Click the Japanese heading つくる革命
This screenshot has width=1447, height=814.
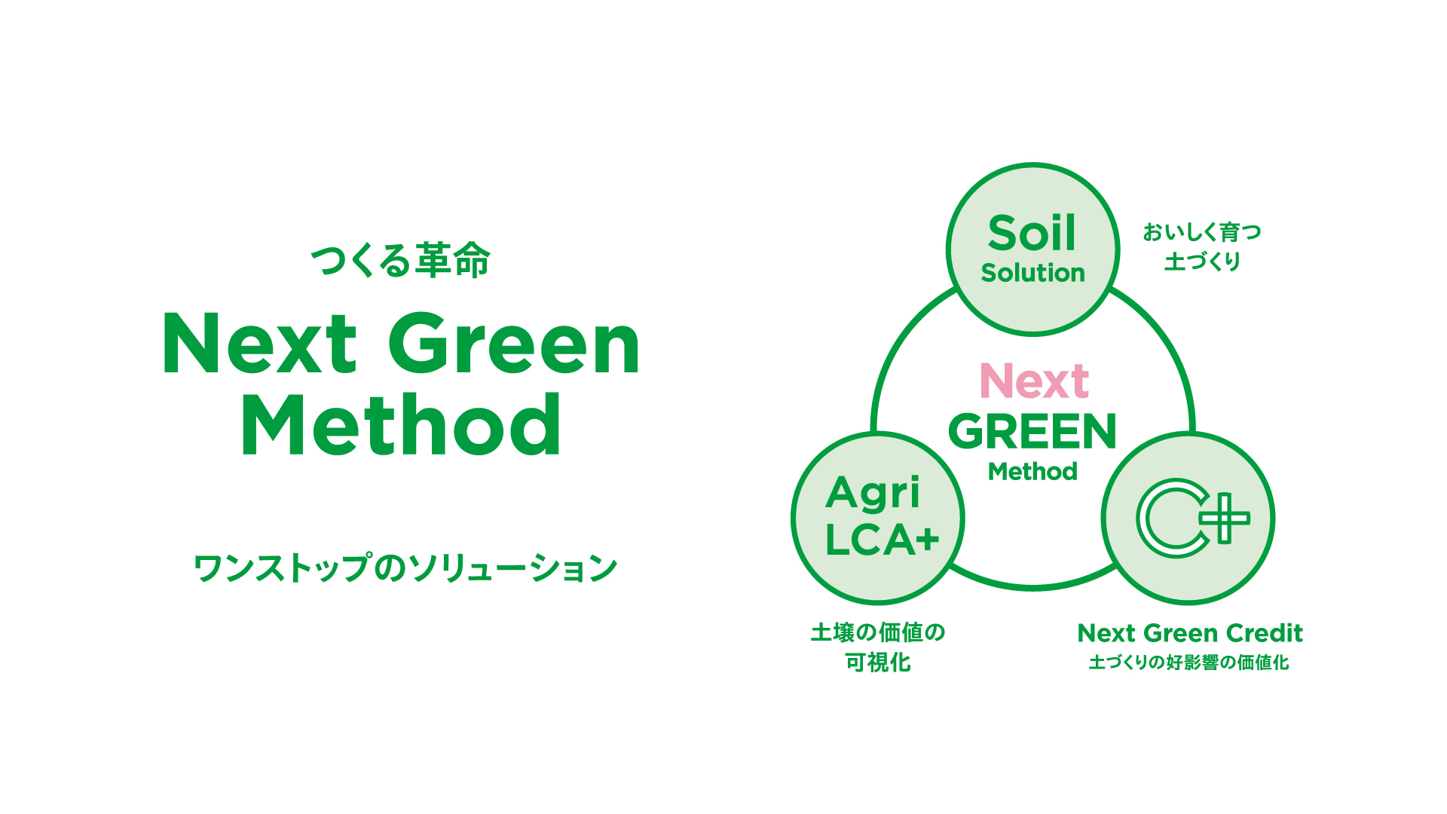400,261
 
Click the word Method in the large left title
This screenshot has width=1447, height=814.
401,424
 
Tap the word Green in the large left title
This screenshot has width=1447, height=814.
514,344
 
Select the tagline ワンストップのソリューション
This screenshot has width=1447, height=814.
405,568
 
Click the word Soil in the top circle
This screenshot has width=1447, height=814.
1032,233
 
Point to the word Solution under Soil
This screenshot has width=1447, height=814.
1032,273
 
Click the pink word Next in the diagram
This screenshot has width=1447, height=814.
1034,381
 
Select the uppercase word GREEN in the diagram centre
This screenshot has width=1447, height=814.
1032,432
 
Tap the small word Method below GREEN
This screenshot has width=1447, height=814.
1032,472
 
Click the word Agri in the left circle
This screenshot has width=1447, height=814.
873,494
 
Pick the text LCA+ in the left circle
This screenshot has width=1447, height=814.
882,540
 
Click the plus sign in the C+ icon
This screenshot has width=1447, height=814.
1225,518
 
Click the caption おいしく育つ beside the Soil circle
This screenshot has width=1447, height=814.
1202,231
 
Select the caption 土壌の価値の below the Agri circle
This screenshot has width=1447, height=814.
878,632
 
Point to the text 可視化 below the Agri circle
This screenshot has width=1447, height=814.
878,663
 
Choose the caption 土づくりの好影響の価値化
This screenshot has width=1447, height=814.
1189,663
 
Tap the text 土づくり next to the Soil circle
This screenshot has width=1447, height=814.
1202,262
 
